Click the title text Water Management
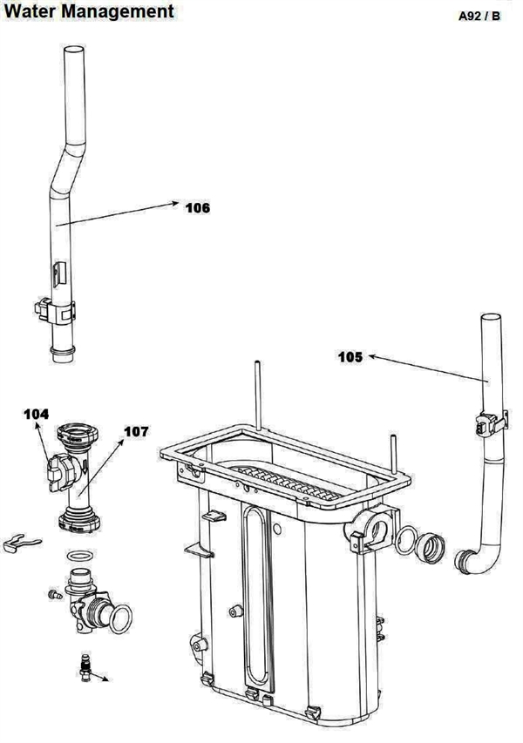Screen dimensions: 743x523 (x=87, y=11)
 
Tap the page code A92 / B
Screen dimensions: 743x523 (x=479, y=17)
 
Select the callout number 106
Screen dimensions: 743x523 (x=197, y=207)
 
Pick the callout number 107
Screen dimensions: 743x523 (x=136, y=431)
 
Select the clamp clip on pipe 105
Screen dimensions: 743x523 (x=485, y=425)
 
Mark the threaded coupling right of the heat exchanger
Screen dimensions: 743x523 (x=431, y=550)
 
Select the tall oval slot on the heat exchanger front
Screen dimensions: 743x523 (x=254, y=601)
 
